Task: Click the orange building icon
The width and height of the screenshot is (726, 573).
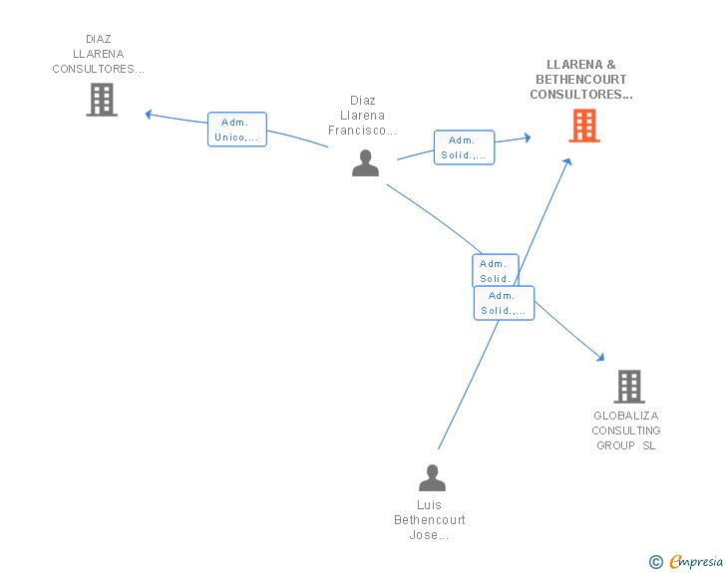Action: tap(584, 126)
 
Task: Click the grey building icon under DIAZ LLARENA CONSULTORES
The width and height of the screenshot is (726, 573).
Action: tap(102, 100)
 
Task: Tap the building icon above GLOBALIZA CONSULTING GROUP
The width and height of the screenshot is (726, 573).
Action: tap(629, 387)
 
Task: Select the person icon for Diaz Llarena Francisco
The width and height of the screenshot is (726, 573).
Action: tap(365, 162)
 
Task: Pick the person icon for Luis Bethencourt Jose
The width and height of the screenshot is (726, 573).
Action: tap(432, 477)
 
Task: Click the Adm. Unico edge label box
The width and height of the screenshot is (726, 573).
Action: tap(237, 130)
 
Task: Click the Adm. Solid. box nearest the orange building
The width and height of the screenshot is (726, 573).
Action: tap(464, 147)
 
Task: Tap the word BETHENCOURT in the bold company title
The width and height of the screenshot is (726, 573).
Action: tap(581, 79)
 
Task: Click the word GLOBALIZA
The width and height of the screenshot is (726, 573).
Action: tap(626, 416)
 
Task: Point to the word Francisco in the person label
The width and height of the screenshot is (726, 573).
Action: tap(357, 131)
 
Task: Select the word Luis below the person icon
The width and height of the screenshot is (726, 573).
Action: tap(429, 505)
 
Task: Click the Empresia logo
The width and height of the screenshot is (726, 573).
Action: tap(696, 561)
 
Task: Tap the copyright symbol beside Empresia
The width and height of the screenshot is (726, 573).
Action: tap(656, 562)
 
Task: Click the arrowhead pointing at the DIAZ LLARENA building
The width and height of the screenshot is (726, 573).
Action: tap(149, 114)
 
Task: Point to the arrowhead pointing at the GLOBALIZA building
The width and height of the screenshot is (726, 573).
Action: tap(600, 357)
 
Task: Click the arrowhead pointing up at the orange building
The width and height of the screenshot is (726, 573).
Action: tap(567, 162)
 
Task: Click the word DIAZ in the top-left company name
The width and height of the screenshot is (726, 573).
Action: tap(99, 39)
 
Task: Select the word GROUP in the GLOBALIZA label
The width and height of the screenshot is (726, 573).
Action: tap(615, 445)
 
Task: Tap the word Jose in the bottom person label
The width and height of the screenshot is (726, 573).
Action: tap(424, 535)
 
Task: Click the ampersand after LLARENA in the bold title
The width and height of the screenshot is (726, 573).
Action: tap(611, 65)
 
